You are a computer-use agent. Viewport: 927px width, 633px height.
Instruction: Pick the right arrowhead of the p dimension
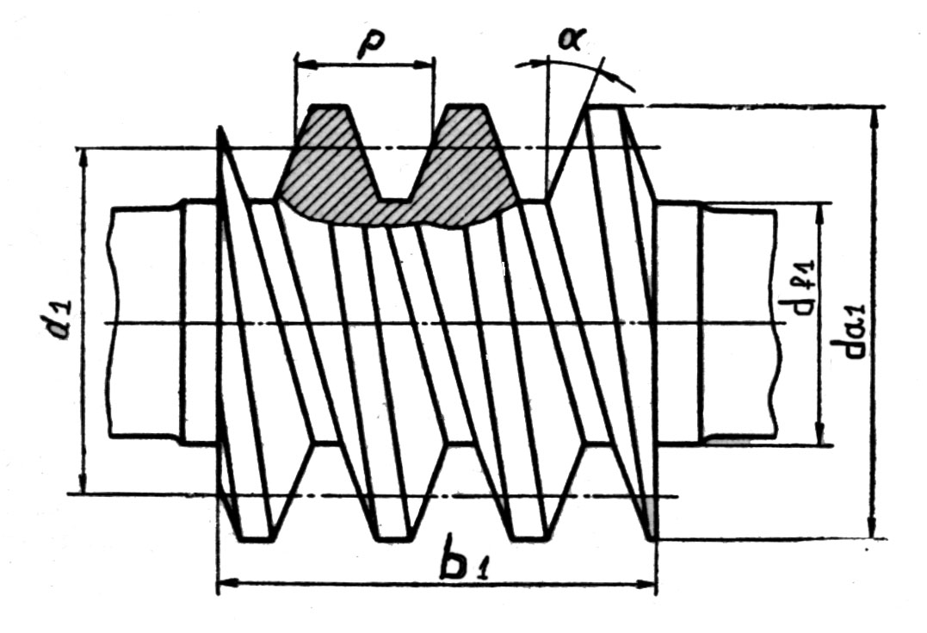tap(427, 64)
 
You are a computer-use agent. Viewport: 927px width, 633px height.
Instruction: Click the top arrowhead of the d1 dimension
tap(83, 156)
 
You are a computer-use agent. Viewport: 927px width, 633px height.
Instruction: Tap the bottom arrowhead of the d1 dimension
tap(83, 487)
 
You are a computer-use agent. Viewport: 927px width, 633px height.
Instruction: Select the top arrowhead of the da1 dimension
tap(874, 114)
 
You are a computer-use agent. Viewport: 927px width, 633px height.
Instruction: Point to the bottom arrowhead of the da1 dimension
tap(874, 532)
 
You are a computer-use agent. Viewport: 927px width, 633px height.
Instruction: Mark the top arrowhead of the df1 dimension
tap(818, 209)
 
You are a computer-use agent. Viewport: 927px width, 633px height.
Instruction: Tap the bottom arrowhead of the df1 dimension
tap(818, 438)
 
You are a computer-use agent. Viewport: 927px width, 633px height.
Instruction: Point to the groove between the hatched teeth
tap(395, 164)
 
